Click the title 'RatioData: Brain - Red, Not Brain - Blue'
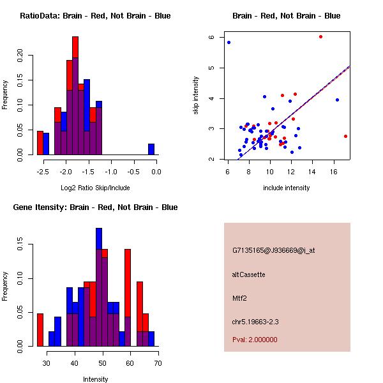pyautogui.click(x=95, y=16)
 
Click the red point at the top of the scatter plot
pyautogui.click(x=320, y=37)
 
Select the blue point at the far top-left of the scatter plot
pyautogui.click(x=229, y=42)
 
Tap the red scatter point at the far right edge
pyautogui.click(x=345, y=136)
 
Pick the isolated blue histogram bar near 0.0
pyautogui.click(x=151, y=149)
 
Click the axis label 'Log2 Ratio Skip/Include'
pyautogui.click(x=95, y=188)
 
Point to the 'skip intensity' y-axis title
pyautogui.click(x=197, y=96)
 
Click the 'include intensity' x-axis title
pyautogui.click(x=287, y=188)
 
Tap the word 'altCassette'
pyautogui.click(x=249, y=274)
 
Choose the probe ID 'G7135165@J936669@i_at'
pyautogui.click(x=273, y=250)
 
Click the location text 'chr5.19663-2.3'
pyautogui.click(x=257, y=320)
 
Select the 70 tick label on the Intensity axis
pyautogui.click(x=157, y=363)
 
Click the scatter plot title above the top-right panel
pyautogui.click(x=287, y=16)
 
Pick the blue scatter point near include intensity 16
pyautogui.click(x=337, y=100)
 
